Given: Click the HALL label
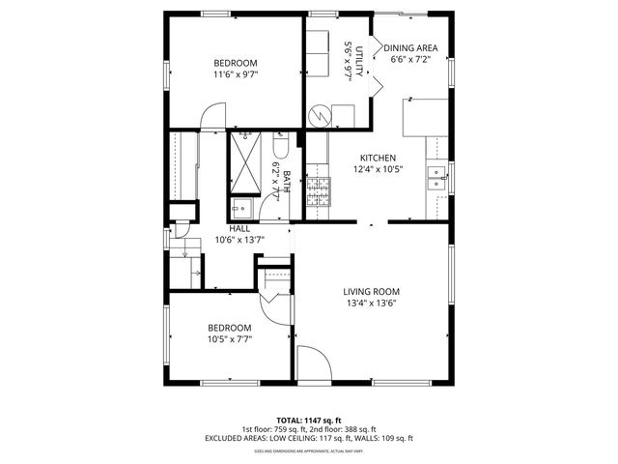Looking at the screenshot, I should coord(239,228).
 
